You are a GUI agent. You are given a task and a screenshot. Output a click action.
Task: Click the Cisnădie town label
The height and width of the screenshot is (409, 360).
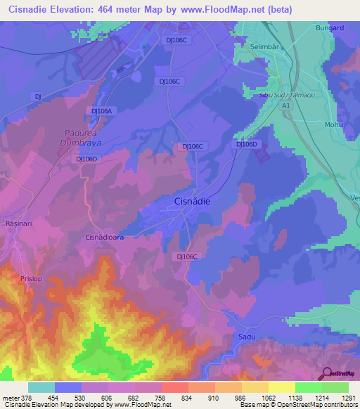pyautogui.click(x=192, y=202)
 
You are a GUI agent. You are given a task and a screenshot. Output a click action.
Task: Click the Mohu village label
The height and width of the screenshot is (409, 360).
pyautogui.click(x=333, y=124)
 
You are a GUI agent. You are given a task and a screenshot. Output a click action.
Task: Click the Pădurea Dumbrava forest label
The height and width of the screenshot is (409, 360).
pyautogui.click(x=79, y=144)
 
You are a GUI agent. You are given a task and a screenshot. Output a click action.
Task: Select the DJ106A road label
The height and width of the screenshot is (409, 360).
pyautogui.click(x=102, y=110)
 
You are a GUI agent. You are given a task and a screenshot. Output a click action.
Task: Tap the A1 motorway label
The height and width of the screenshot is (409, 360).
pyautogui.click(x=285, y=105)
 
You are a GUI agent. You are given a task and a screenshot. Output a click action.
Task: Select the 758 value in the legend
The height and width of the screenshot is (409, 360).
pyautogui.click(x=161, y=397)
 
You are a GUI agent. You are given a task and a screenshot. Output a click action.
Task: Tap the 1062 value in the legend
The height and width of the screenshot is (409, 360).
pyautogui.click(x=268, y=397)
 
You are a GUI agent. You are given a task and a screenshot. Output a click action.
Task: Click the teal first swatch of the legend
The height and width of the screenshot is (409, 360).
pyautogui.click(x=41, y=387)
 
